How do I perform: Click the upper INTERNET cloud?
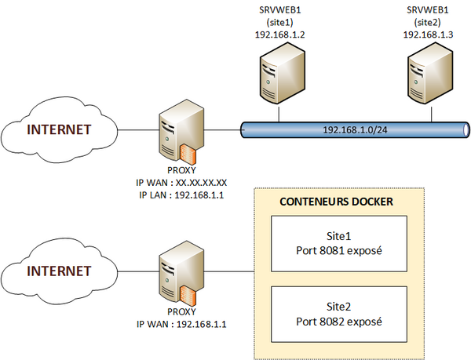(60, 130)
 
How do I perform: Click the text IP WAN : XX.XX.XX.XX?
(181, 183)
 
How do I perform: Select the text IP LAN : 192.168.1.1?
(181, 195)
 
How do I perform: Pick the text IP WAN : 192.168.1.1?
(181, 323)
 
